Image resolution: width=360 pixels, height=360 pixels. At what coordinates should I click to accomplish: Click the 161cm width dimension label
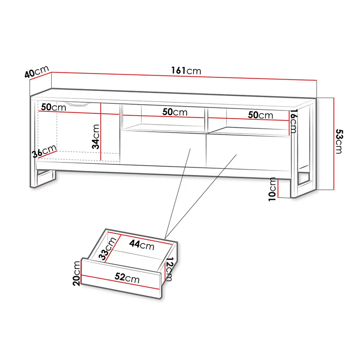tap(186, 71)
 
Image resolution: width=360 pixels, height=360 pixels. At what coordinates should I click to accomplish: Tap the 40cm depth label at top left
tap(36, 72)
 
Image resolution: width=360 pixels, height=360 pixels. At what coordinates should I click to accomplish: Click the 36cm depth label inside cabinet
tap(44, 153)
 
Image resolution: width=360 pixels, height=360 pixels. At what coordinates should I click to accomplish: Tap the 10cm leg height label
tap(272, 189)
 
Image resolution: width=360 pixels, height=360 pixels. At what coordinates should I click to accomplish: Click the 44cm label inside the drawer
tap(142, 245)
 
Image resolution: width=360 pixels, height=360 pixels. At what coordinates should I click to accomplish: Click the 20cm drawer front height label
tap(77, 273)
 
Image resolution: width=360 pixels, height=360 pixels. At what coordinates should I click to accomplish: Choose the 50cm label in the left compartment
tap(53, 108)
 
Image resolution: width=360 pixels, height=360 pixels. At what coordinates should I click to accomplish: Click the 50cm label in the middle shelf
tap(175, 112)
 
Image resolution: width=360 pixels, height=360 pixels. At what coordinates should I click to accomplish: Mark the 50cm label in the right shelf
tap(261, 115)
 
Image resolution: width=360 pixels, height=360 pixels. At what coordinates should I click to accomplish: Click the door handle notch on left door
tap(77, 103)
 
